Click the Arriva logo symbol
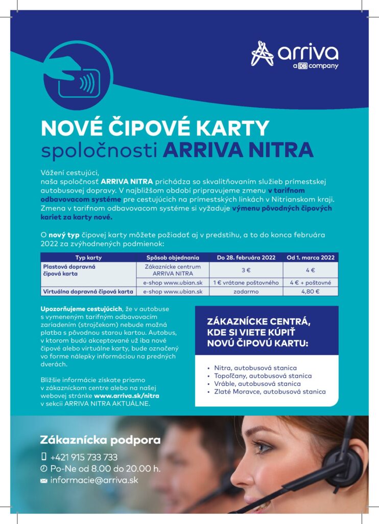coord(262,53)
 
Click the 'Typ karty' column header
coord(88,257)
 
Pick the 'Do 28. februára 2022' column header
coord(246,257)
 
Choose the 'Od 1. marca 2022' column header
coord(310,257)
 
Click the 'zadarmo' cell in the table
coord(246,292)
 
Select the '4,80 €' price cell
coord(310,292)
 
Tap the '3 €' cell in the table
coord(246,270)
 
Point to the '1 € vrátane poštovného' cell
coord(246,282)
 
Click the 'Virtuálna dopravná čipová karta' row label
coord(87,292)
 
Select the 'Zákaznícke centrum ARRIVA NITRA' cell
coord(173,270)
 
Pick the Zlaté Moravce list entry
coord(269,391)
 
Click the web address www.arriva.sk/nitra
coord(126,396)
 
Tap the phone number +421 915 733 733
coord(84,457)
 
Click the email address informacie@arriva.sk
coord(94,481)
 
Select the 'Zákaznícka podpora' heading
coord(100,440)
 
